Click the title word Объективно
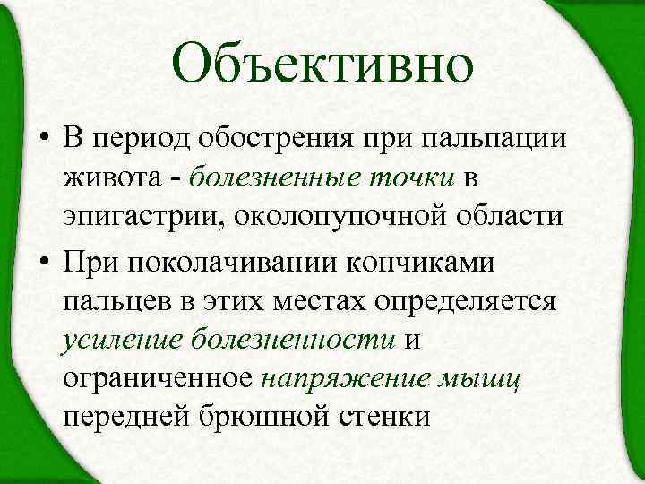click(322, 65)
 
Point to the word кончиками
click(444, 258)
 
